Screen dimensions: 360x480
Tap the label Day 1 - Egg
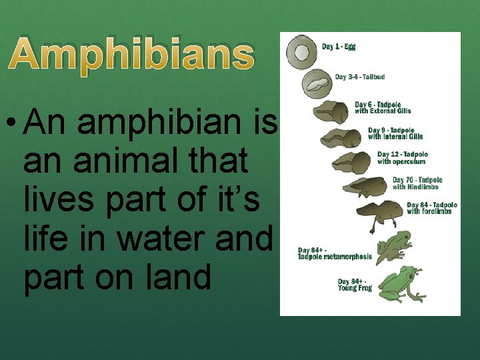pos(339,47)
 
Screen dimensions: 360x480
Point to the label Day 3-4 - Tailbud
pos(359,77)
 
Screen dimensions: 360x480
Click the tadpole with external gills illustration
pos(331,111)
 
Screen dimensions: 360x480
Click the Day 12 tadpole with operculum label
pos(402,157)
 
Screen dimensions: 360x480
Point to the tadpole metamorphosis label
pos(335,253)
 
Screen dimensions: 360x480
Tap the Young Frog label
pos(355,285)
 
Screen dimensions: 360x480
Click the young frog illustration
pos(400,283)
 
